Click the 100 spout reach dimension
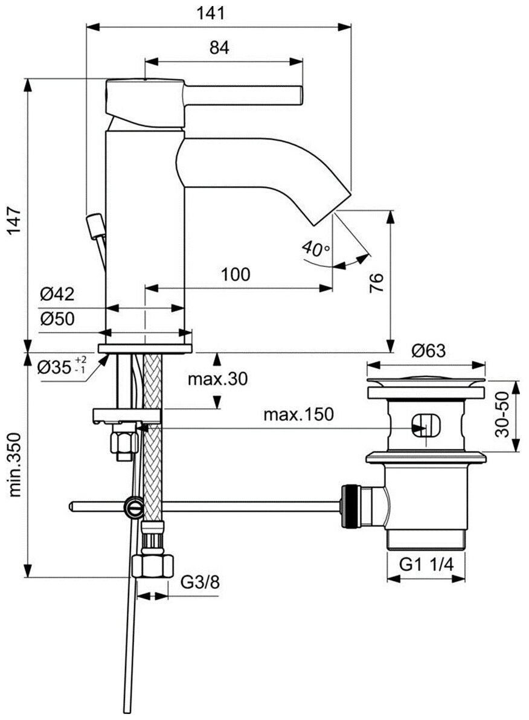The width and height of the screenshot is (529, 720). pos(235,275)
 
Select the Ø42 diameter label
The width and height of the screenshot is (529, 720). pos(57,295)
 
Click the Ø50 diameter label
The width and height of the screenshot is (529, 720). pos(57,320)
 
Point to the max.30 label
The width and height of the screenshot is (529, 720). pos(217,379)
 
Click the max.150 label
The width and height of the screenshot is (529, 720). pos(298,415)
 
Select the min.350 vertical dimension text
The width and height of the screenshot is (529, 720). pos(15,464)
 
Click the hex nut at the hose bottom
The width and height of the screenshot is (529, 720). pos(152,567)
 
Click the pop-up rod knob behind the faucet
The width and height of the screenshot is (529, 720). pos(94,227)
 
